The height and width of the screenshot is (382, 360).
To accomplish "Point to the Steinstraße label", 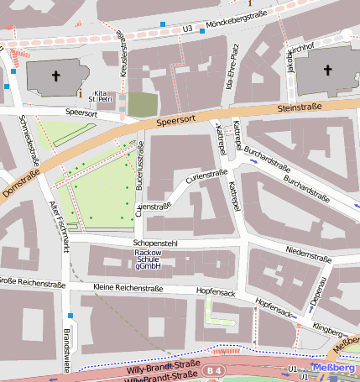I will point(294,108).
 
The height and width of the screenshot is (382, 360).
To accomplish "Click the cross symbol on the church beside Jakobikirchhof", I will point(328,71).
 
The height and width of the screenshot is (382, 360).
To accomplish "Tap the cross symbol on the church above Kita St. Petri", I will point(56,76).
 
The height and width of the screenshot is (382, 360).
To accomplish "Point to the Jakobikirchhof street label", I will point(290,59).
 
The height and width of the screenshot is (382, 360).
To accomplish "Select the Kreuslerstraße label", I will point(123,55).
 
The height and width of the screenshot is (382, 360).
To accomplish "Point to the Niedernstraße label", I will point(310,251).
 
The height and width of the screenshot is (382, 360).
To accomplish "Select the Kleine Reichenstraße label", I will point(128,288).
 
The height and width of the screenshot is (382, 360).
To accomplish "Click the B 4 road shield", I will point(216,369).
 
